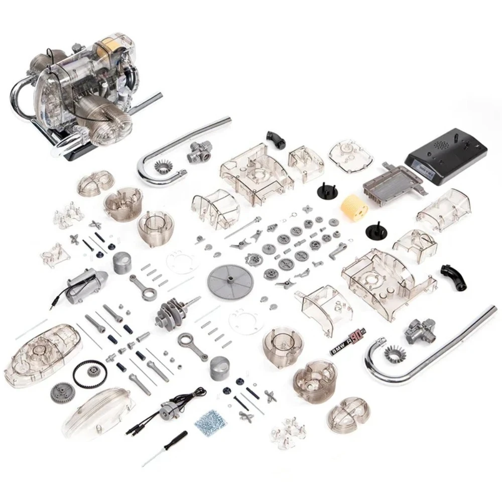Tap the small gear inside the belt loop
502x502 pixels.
click(93, 371)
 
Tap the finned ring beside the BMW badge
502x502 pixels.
click(395, 354)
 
